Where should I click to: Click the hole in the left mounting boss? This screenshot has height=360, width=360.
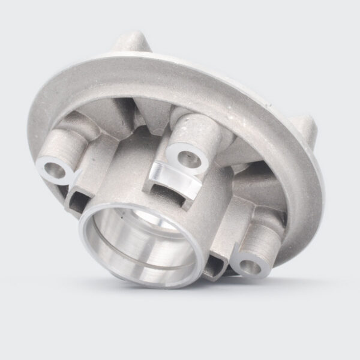(x=53, y=167)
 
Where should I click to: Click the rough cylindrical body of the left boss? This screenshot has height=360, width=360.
(x=63, y=144)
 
